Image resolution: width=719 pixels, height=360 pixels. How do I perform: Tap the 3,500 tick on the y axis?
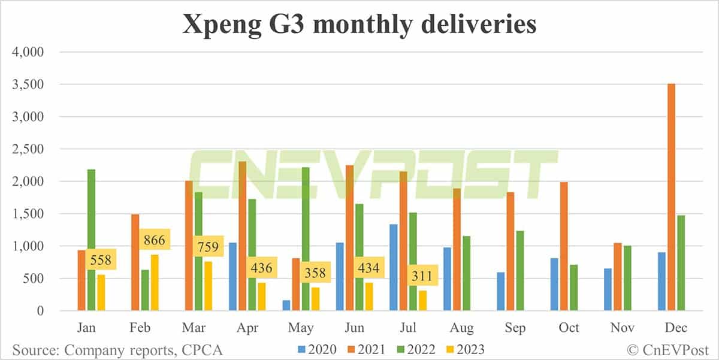pyautogui.click(x=28, y=84)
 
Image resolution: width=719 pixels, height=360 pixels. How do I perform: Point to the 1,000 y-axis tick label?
pyautogui.click(x=28, y=246)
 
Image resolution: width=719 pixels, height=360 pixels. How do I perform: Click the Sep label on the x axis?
pyautogui.click(x=515, y=328)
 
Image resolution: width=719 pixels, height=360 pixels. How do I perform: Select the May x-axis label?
pyautogui.click(x=300, y=328)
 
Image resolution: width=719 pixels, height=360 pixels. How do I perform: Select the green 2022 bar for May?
pyautogui.click(x=306, y=239)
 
